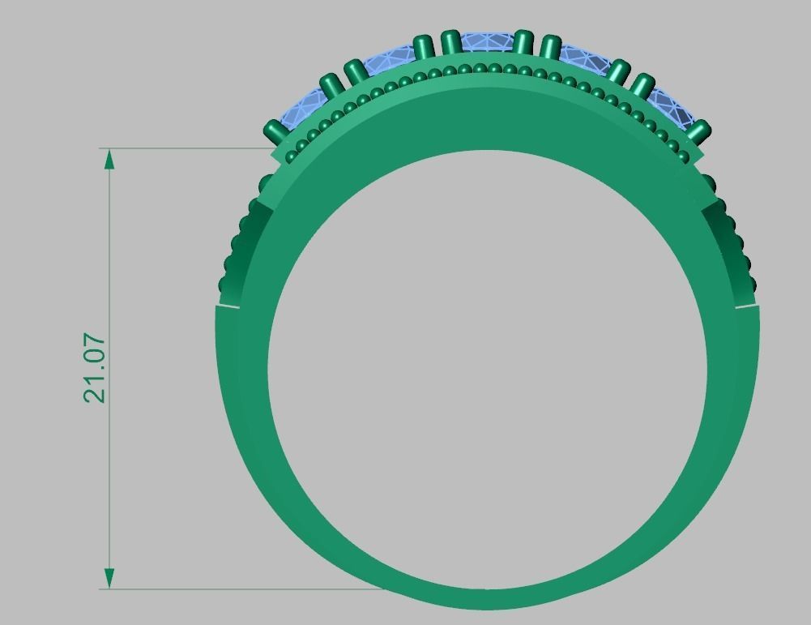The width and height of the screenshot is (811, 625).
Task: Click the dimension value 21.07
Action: point(95,368)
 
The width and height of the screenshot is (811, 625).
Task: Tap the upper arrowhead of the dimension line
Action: point(109,159)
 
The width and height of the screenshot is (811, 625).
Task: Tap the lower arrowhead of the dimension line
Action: point(109,578)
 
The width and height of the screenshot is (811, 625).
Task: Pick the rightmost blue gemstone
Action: point(671,108)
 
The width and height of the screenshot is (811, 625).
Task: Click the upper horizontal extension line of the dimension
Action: point(186,148)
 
